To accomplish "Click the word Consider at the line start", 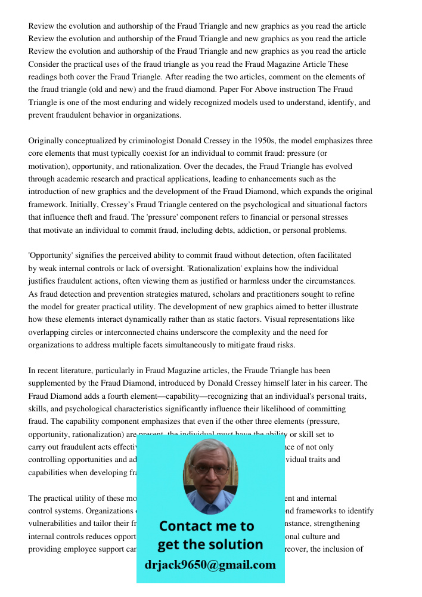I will (x=44, y=64).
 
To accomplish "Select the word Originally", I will (x=48, y=141).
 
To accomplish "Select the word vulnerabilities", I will (x=57, y=524).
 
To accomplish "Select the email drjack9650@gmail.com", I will (x=210, y=565).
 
